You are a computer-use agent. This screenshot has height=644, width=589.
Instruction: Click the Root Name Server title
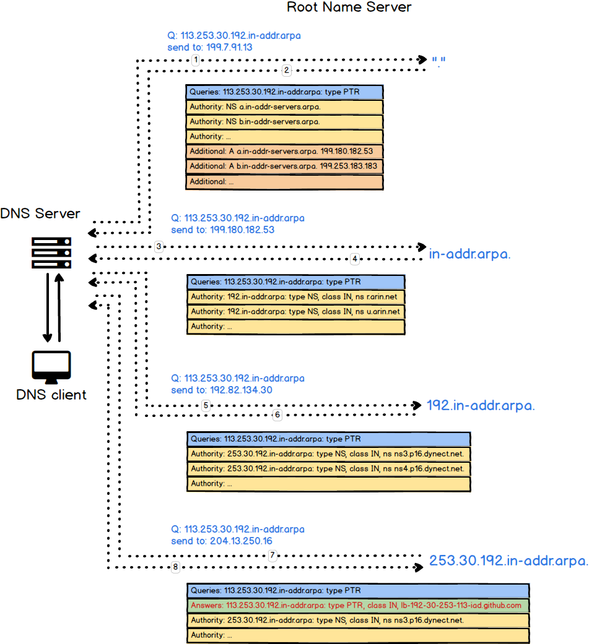(349, 8)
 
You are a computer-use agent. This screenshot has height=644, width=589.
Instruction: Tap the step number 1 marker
(196, 60)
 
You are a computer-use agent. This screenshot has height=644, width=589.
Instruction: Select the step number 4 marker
(355, 258)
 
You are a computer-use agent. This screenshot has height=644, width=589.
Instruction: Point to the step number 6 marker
(277, 414)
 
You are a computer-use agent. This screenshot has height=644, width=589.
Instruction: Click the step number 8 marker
(175, 567)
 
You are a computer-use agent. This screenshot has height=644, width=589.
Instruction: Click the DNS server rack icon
(51, 251)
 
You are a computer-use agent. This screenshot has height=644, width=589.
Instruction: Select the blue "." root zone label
(439, 61)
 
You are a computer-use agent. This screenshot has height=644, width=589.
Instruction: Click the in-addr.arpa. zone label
(469, 253)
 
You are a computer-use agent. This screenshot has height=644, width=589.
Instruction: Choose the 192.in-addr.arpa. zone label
(480, 406)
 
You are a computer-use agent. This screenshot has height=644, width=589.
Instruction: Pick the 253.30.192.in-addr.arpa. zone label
(508, 561)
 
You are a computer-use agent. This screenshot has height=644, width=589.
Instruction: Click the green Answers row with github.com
(358, 605)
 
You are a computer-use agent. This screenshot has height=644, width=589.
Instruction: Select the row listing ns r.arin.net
(295, 297)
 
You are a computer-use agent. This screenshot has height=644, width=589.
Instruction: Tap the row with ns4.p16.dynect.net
(328, 469)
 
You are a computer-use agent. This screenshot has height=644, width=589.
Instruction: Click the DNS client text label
(51, 395)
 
